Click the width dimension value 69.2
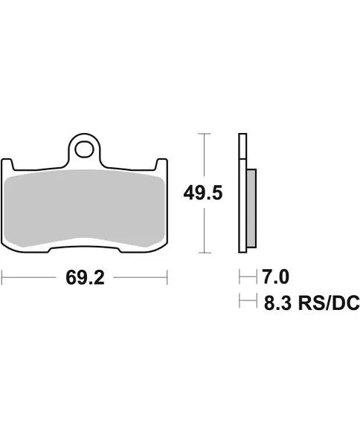pyautogui.click(x=84, y=279)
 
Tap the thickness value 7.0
pyautogui.click(x=274, y=278)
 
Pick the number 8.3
pyautogui.click(x=274, y=303)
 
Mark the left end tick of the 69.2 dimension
pyautogui.click(x=2, y=279)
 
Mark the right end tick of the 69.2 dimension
pyautogui.click(x=167, y=279)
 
